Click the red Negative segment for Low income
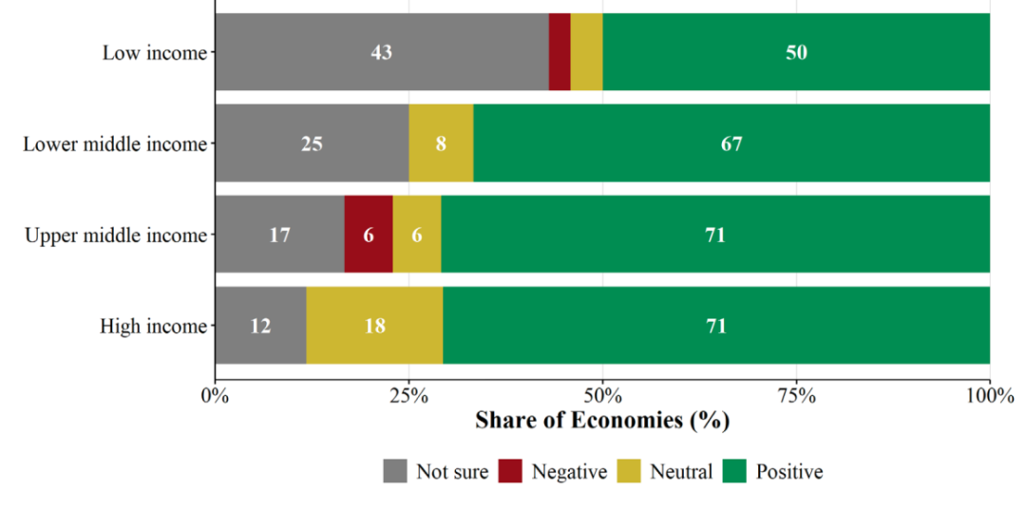(560, 51)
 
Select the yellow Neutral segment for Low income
(586, 51)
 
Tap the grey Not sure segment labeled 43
(382, 51)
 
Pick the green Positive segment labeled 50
(796, 51)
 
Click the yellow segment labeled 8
(441, 142)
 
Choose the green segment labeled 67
(731, 142)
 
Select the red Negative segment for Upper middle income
(369, 234)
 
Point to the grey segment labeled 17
(280, 234)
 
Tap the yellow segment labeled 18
(375, 325)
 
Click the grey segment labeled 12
(261, 325)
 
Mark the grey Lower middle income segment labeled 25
(313, 142)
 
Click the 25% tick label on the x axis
(408, 396)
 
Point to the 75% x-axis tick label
(796, 396)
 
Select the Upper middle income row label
(115, 236)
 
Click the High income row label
(153, 327)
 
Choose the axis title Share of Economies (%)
(602, 421)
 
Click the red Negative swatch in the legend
(510, 471)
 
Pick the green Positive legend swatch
(734, 471)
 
